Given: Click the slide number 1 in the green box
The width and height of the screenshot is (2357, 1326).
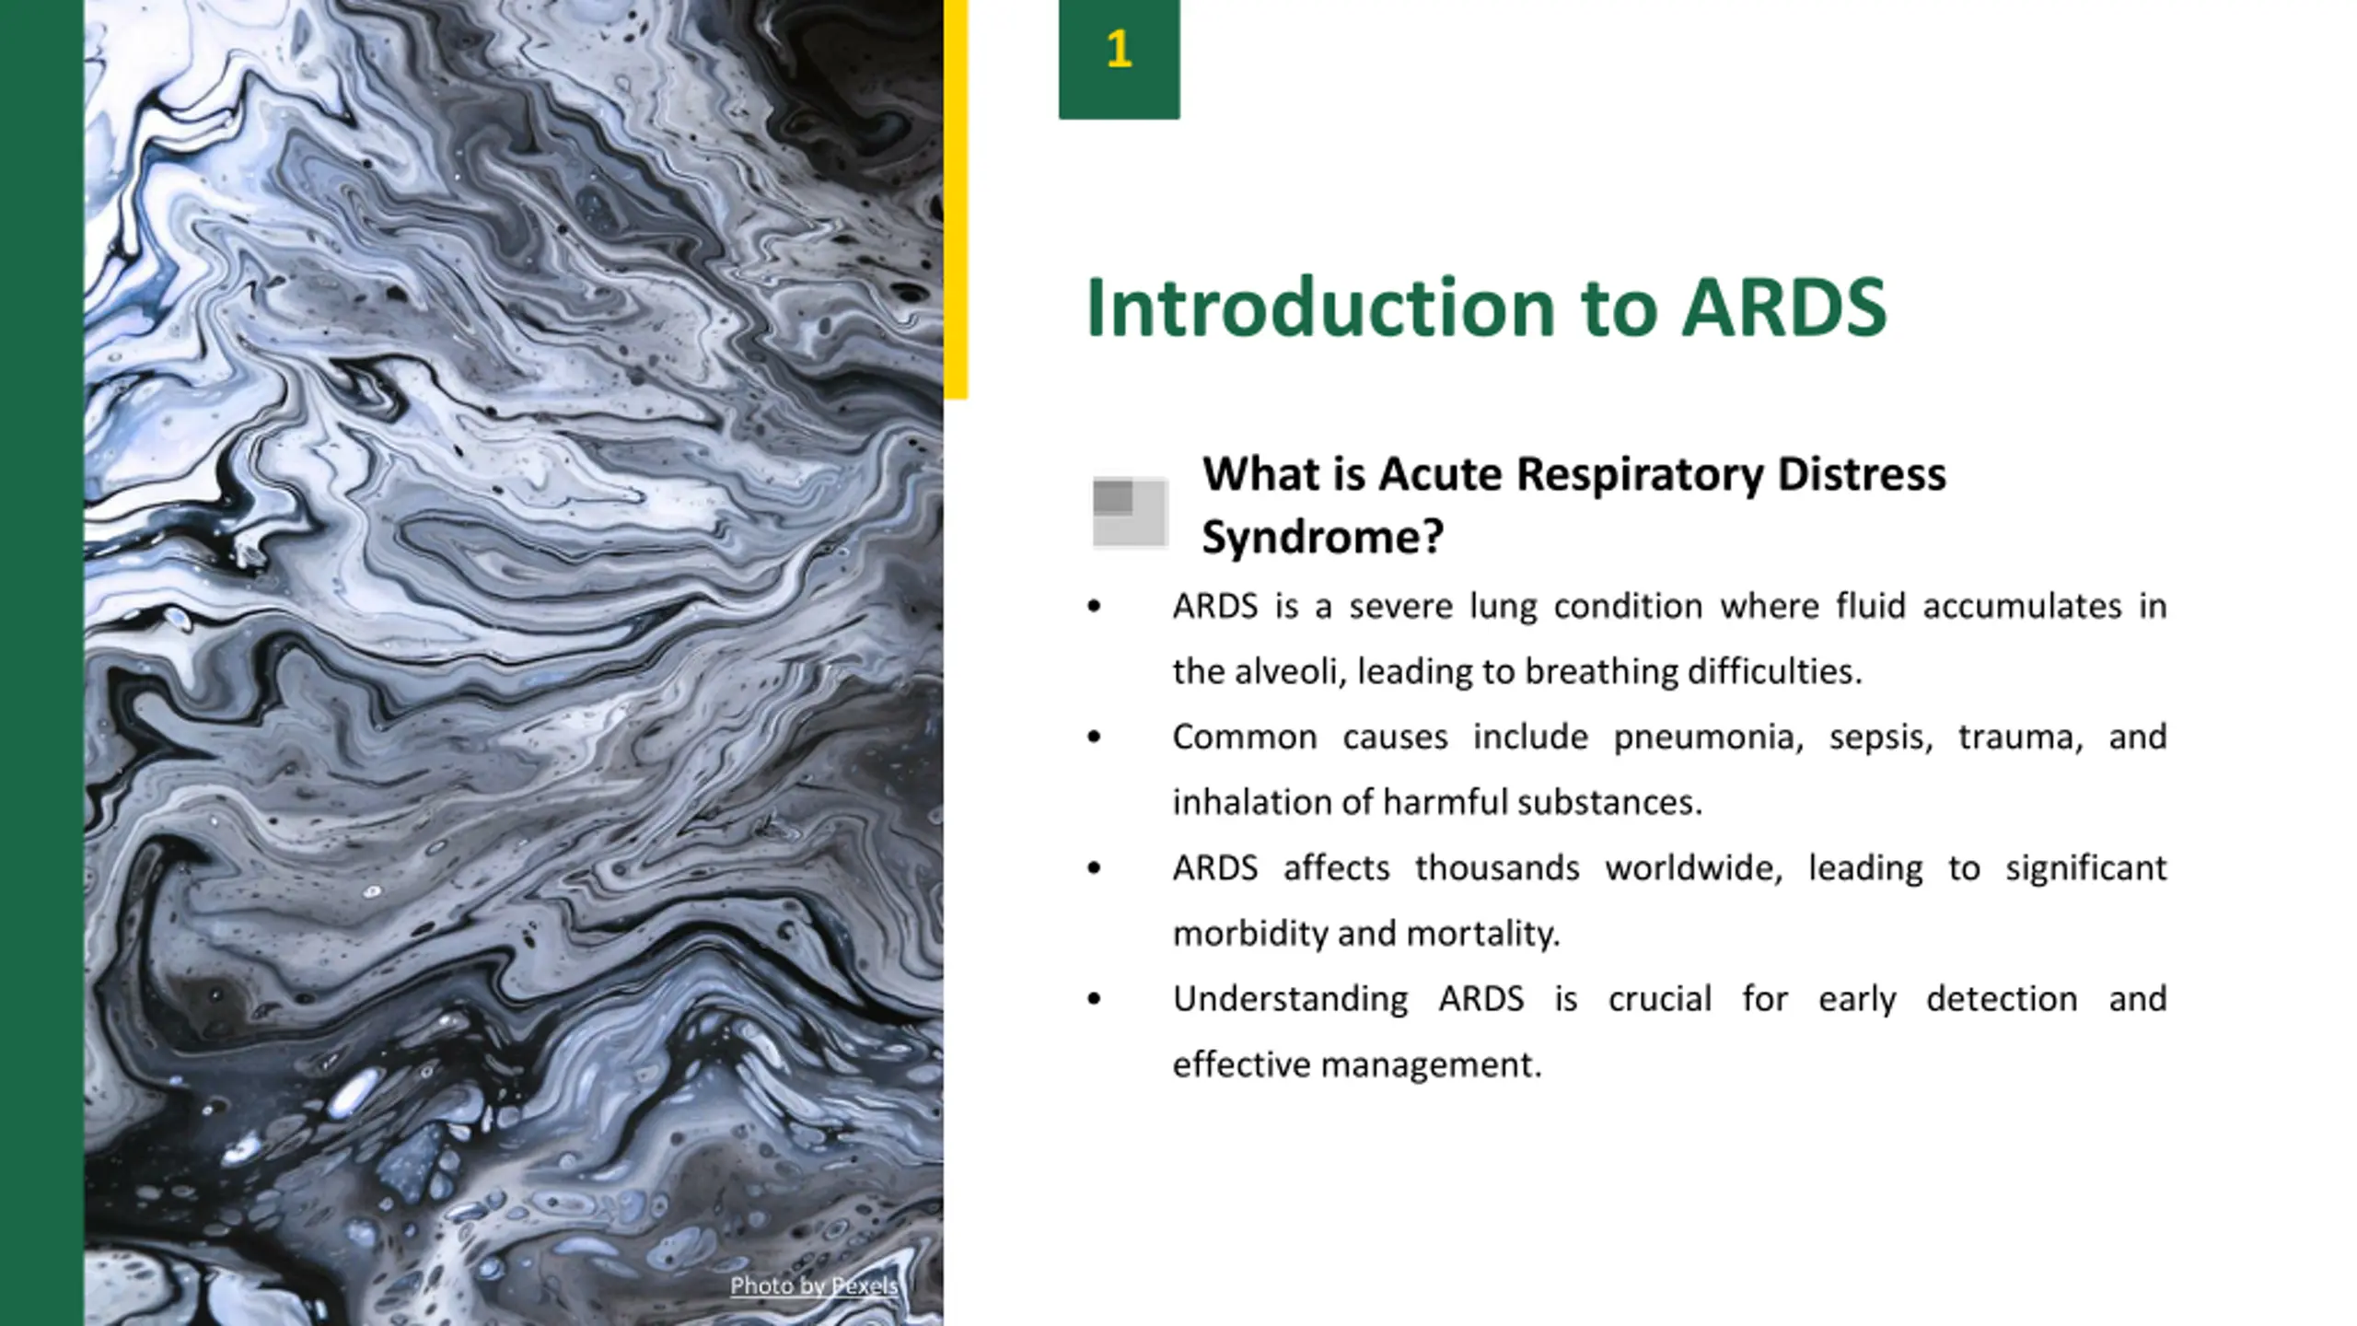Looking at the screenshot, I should click(x=1119, y=51).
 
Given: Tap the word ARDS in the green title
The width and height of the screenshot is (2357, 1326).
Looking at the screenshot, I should click(x=1783, y=308).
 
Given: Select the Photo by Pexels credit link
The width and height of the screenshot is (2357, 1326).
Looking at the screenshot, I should click(x=813, y=1285).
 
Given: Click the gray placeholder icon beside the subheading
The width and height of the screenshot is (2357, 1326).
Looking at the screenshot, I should click(x=1130, y=512).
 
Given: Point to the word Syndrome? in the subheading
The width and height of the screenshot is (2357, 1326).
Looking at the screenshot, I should click(x=1322, y=537).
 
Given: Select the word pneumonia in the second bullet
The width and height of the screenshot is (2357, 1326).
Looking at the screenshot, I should click(x=1708, y=738).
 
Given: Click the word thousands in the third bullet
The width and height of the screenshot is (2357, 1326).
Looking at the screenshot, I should click(x=1496, y=868).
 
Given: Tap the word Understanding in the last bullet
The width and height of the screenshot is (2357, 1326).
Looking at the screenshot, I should click(x=1289, y=1000).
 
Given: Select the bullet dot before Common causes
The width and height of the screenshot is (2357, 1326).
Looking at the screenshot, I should click(x=1094, y=737).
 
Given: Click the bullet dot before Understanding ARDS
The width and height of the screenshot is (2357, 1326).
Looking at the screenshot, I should click(x=1094, y=999).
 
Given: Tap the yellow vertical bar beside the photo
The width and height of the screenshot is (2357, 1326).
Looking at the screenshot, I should click(x=956, y=198).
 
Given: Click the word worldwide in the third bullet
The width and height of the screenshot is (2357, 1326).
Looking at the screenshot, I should click(x=1693, y=868).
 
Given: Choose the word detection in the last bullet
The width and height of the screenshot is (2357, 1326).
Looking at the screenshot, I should click(x=2002, y=999).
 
